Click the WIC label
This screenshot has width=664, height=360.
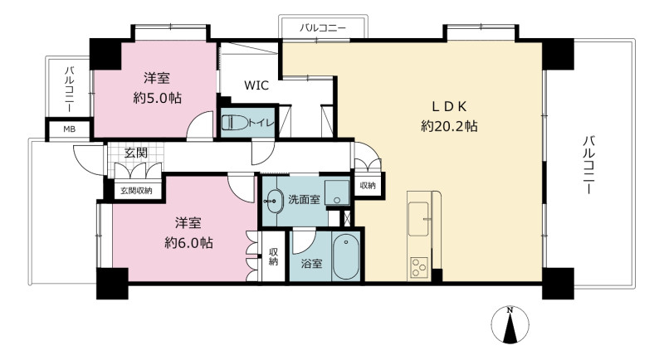[x=256, y=85]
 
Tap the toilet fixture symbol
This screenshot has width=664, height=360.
[x=234, y=123]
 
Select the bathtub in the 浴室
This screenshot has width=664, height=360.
[x=346, y=258]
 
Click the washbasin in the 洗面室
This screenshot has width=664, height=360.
[x=274, y=200]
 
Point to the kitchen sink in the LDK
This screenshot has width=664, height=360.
[x=418, y=219]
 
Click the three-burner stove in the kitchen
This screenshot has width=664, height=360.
[x=418, y=267]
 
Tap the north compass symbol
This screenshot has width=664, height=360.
[x=510, y=325]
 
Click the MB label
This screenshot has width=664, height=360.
[x=70, y=129]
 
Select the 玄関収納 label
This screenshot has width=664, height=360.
[x=136, y=191]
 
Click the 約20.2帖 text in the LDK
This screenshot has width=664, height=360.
[x=449, y=126]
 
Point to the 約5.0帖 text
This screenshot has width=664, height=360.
[x=157, y=99]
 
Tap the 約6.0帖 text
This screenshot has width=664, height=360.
[x=188, y=243]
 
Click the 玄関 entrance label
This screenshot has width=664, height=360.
[x=136, y=153]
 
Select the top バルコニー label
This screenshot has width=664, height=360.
[x=323, y=28]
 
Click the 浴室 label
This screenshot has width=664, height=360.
[x=312, y=264]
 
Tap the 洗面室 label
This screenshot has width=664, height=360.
[x=304, y=199]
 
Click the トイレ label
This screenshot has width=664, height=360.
[x=261, y=123]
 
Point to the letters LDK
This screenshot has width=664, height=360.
[x=449, y=107]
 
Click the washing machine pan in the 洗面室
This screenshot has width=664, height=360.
[x=337, y=193]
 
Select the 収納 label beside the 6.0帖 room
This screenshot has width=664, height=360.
[x=273, y=257]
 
